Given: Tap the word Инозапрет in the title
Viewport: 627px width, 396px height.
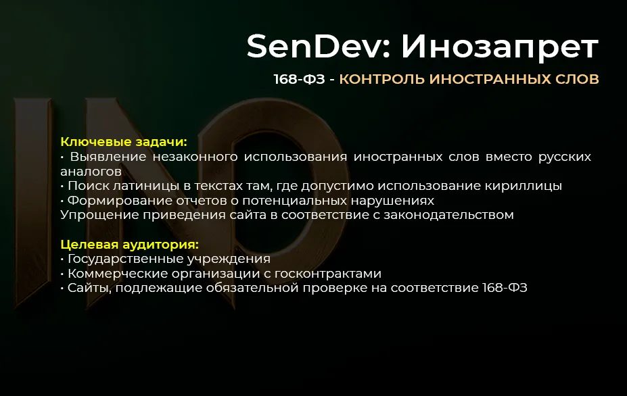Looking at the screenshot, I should click(x=500, y=47).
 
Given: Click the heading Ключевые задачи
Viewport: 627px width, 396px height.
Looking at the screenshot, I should click(x=123, y=142).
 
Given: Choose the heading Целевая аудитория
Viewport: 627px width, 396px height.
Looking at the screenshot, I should click(x=130, y=245).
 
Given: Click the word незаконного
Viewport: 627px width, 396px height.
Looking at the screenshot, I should click(x=195, y=157).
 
